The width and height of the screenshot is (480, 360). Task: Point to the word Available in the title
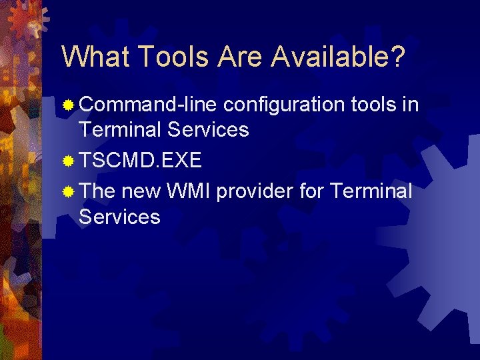(x=337, y=57)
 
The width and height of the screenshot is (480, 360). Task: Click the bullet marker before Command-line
(x=67, y=105)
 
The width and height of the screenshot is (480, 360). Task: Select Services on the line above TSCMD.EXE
(x=208, y=129)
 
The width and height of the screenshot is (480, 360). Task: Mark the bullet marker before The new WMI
(x=67, y=193)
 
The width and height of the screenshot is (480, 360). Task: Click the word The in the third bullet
(x=97, y=192)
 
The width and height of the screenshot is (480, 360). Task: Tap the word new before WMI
(x=141, y=192)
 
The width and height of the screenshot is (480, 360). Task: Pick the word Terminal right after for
(x=371, y=192)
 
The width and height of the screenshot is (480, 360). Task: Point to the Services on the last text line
(x=119, y=217)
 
